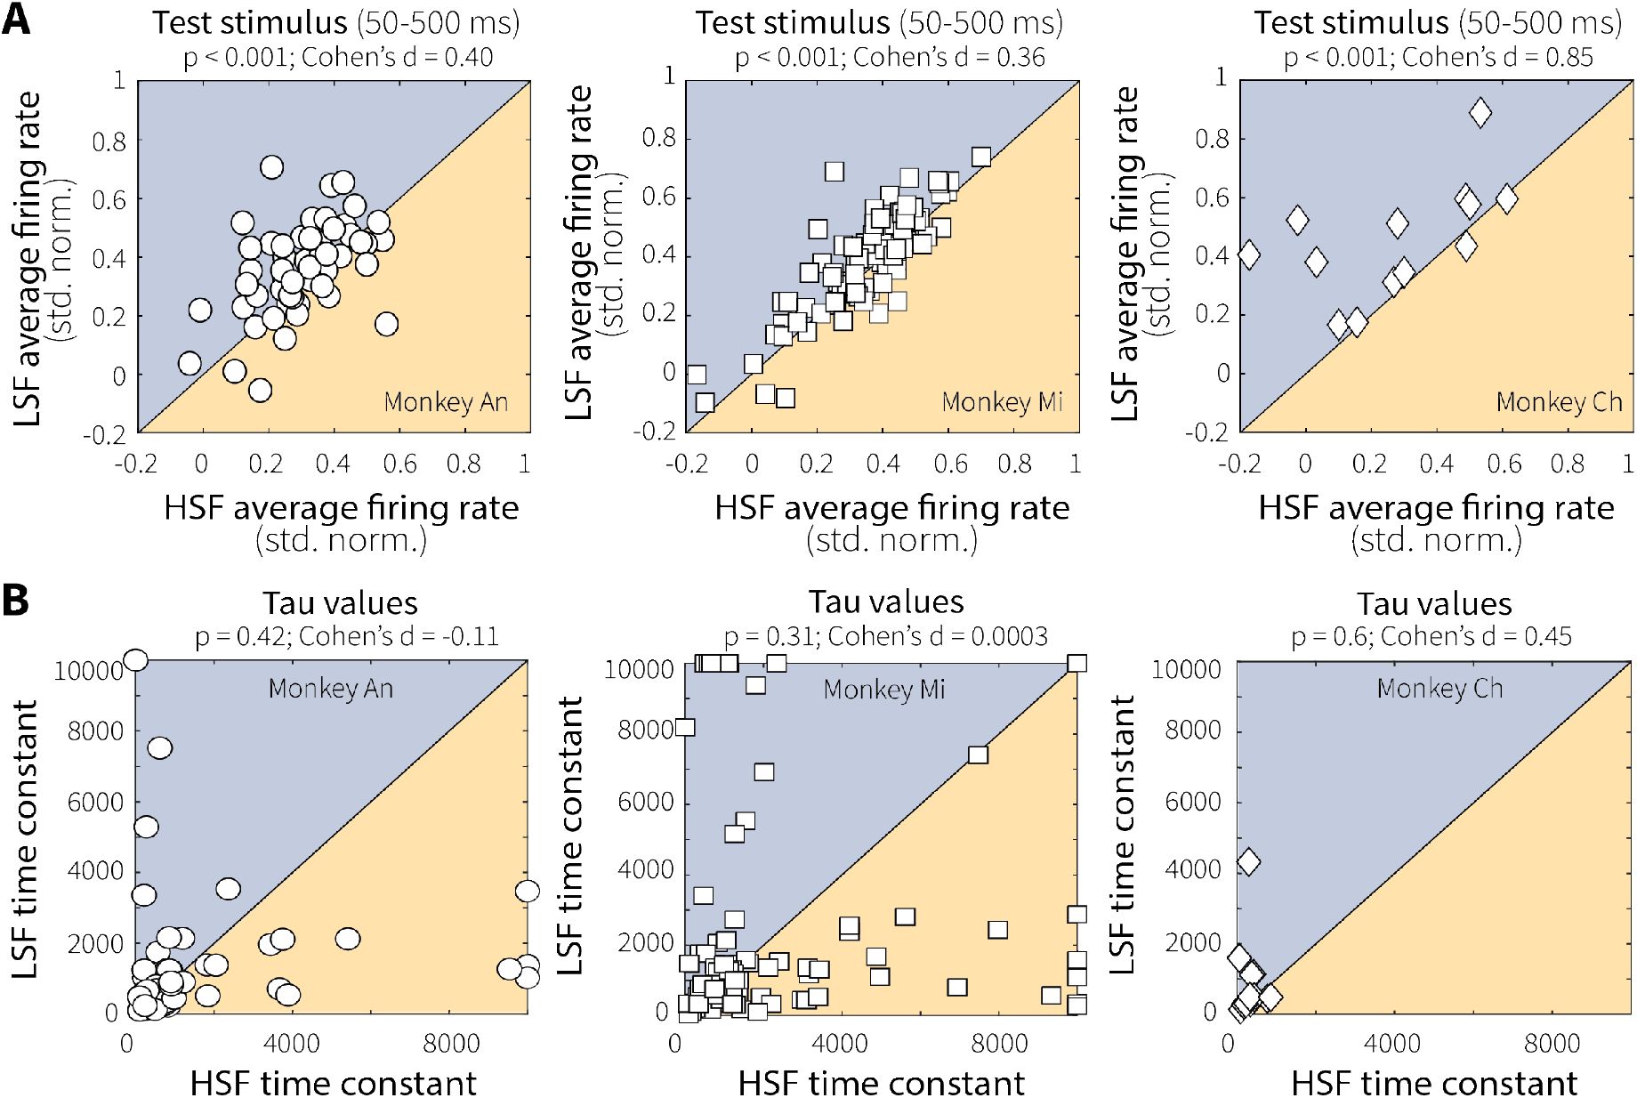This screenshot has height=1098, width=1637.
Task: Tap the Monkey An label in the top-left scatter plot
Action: (x=446, y=402)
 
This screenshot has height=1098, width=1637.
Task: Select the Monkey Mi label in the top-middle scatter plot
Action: (x=1002, y=402)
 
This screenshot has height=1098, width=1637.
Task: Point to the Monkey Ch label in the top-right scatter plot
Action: (x=1559, y=402)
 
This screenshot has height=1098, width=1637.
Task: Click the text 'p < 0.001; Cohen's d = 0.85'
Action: (x=1438, y=57)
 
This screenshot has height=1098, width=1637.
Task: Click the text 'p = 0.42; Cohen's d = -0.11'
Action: (x=346, y=636)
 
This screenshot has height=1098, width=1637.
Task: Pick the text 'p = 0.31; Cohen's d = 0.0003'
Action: (x=885, y=636)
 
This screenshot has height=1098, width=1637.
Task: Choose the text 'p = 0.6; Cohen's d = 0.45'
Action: (x=1431, y=636)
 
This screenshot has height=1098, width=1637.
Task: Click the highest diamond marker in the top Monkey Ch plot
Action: (x=1480, y=112)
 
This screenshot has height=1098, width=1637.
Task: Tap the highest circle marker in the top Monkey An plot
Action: (x=271, y=166)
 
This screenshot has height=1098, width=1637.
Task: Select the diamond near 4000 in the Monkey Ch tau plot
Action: (x=1248, y=861)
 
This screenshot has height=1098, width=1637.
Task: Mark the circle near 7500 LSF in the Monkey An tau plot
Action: (x=159, y=747)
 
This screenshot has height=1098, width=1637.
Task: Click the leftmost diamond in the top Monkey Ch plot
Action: (x=1248, y=254)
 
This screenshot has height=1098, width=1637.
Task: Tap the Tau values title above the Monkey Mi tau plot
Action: (x=885, y=602)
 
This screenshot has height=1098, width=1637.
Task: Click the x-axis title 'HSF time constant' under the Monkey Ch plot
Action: (x=1433, y=1082)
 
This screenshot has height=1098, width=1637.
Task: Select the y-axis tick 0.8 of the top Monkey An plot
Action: (x=109, y=141)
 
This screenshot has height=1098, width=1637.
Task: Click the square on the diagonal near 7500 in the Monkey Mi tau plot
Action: (x=978, y=755)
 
